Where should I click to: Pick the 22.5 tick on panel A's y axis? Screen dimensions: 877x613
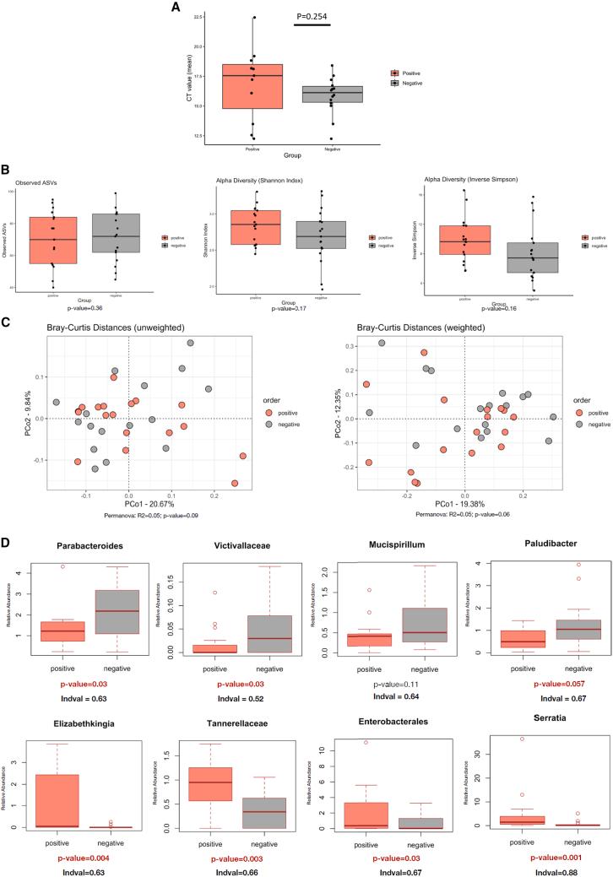[x=197, y=17]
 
